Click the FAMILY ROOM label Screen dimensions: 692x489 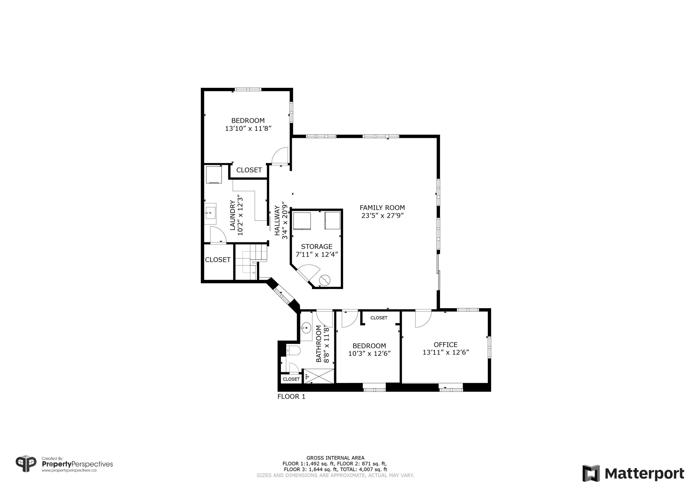pyautogui.click(x=382, y=207)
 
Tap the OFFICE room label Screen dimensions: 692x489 pyautogui.click(x=445, y=345)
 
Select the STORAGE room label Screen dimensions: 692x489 pyautogui.click(x=316, y=246)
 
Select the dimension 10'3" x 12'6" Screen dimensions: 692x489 pyautogui.click(x=370, y=353)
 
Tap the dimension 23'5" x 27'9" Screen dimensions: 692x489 pyautogui.click(x=382, y=216)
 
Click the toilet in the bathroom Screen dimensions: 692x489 pyautogui.click(x=293, y=350)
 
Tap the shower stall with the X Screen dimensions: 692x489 pyautogui.click(x=319, y=376)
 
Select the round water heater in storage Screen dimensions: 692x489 pyautogui.click(x=325, y=280)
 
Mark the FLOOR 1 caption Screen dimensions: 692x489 pyautogui.click(x=291, y=397)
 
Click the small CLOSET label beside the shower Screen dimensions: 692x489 pyautogui.click(x=291, y=379)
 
